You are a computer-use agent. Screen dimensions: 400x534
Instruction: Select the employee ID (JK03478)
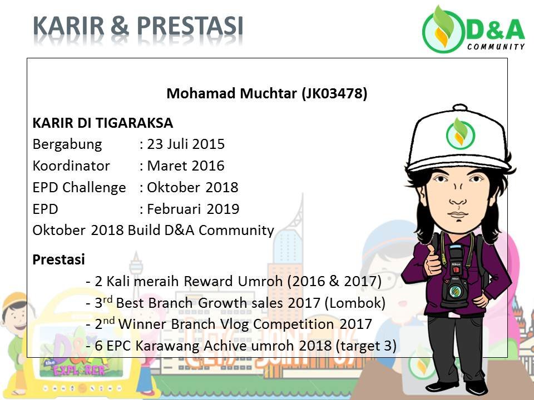(x=334, y=94)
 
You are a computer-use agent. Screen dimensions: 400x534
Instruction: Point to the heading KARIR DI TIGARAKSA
(x=103, y=123)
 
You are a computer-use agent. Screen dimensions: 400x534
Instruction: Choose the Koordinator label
(x=71, y=166)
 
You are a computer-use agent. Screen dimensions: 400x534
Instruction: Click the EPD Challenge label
(x=79, y=187)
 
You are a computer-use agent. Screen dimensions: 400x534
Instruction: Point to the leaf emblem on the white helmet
(x=459, y=131)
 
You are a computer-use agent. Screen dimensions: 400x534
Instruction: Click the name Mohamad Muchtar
(x=232, y=94)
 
